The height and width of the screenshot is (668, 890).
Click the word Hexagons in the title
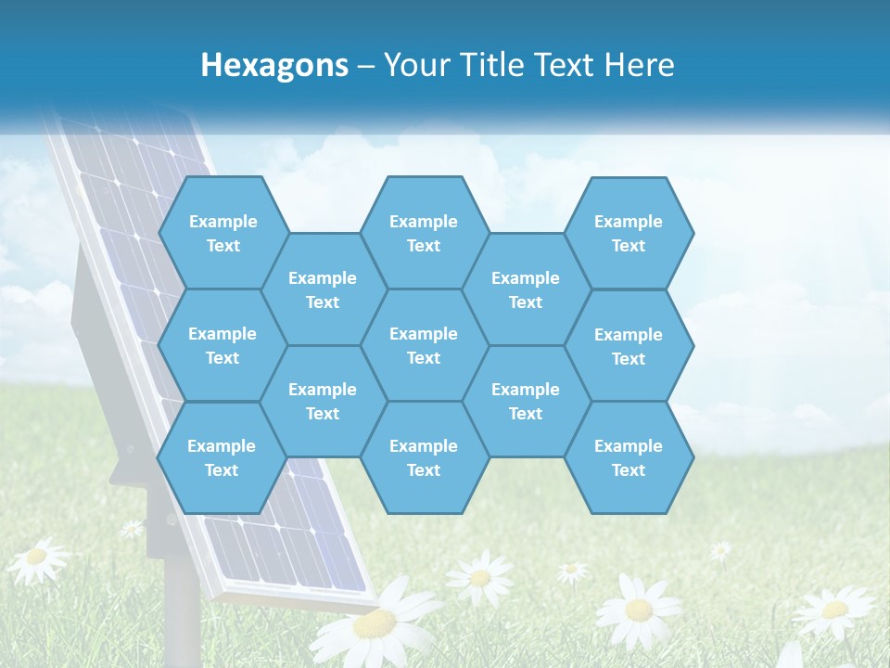tap(274, 65)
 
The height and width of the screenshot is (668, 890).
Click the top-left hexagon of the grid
tap(222, 233)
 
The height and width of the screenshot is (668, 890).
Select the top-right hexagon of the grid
tap(629, 233)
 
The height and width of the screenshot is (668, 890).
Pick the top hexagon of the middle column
tap(424, 233)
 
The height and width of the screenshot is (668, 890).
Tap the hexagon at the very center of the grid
tap(424, 345)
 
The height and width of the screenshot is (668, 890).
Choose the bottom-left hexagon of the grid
tap(222, 457)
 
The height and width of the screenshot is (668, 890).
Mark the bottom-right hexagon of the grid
tap(629, 457)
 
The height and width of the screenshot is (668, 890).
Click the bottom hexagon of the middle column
tap(424, 457)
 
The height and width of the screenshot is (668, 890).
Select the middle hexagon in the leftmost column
tap(222, 345)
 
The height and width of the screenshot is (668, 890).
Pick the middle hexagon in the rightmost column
tap(629, 346)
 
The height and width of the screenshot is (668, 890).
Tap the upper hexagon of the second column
tap(323, 289)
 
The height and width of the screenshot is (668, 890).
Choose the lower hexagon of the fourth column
tap(526, 401)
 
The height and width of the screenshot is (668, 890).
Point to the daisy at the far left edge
tap(37, 558)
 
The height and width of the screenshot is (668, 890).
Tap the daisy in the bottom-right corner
tap(833, 610)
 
